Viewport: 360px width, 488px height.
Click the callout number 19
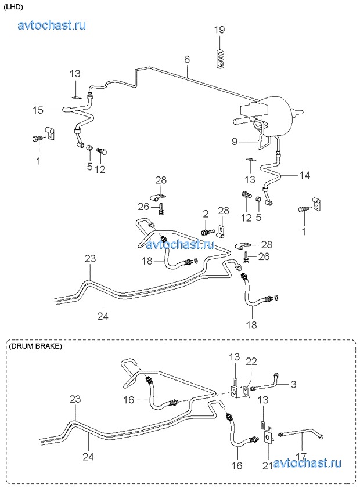219,30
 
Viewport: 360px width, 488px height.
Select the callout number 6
187,60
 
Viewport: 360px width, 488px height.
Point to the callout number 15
38,110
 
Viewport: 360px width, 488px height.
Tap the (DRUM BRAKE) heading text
35,346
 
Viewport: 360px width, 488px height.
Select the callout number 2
206,215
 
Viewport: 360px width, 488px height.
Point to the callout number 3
293,384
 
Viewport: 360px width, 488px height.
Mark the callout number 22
251,361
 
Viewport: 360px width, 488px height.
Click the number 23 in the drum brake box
75,399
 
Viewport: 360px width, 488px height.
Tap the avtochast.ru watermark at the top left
52,25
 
